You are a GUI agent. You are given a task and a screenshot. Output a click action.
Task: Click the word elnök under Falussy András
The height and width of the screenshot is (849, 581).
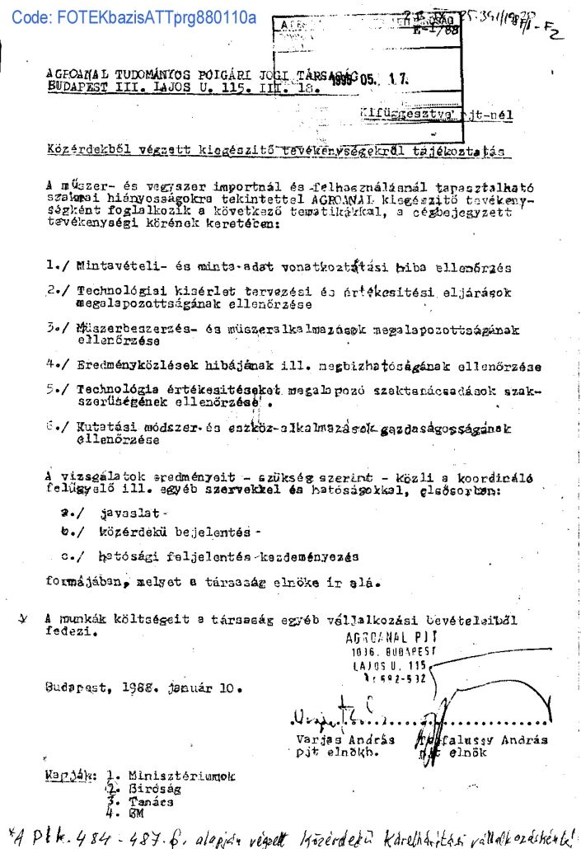click(x=470, y=753)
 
